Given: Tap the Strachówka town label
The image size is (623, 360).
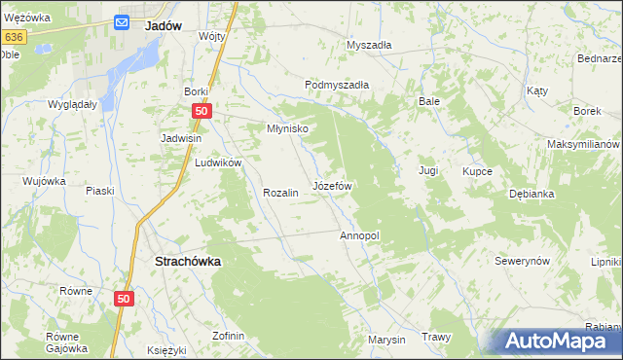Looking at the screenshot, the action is click(188, 262).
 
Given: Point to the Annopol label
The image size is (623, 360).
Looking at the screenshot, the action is click(359, 236).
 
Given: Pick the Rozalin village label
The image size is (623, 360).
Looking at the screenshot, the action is click(279, 193).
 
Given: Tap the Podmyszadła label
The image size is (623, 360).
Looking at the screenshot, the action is click(337, 85).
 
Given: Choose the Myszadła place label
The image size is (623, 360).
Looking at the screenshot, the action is click(369, 45).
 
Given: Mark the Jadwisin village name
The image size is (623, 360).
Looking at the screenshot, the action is click(181, 138).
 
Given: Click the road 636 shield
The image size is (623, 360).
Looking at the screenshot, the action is click(13, 36).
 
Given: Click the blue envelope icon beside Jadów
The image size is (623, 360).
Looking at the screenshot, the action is click(123, 22).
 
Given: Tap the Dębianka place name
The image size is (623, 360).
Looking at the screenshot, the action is click(531, 194).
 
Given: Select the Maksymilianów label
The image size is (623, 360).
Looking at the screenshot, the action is click(583, 144).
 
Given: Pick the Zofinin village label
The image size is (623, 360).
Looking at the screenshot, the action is click(228, 336).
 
